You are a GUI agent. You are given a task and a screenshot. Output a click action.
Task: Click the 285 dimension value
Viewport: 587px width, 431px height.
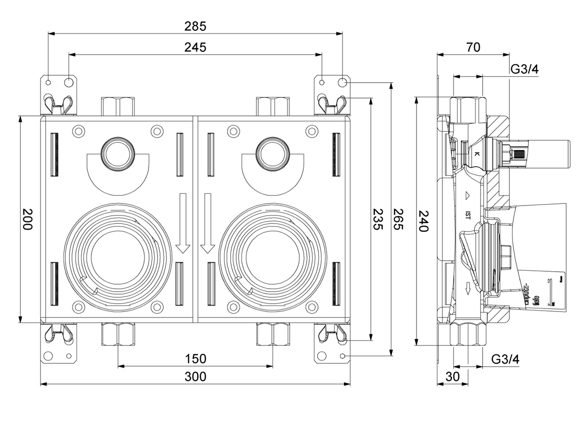(x=195, y=25)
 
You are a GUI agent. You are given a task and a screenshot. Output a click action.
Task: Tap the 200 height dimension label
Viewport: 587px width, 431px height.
(x=27, y=219)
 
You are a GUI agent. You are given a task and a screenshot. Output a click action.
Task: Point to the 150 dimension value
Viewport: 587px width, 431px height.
(x=195, y=358)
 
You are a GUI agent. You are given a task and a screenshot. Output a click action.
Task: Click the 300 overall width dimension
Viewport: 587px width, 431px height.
(x=195, y=377)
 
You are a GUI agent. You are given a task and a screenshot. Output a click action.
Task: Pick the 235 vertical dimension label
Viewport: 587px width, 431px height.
(x=378, y=219)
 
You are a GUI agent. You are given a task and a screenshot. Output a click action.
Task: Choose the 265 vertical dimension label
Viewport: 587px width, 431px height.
(x=398, y=219)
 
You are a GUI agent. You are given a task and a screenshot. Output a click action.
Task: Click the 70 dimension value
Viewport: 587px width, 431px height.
(x=473, y=47)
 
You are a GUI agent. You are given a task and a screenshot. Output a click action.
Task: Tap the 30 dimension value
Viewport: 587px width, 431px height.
(x=452, y=377)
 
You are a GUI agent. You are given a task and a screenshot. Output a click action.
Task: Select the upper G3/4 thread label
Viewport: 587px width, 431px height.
(x=525, y=69)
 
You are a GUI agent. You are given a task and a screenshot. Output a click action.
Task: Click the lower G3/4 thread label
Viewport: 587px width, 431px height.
(x=505, y=359)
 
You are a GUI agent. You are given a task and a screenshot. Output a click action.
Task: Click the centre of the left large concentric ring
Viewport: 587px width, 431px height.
(x=118, y=257)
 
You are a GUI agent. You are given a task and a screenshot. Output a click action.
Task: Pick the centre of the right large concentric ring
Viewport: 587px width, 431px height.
(x=272, y=257)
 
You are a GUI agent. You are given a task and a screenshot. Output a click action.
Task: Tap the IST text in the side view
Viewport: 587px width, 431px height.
(x=468, y=215)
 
